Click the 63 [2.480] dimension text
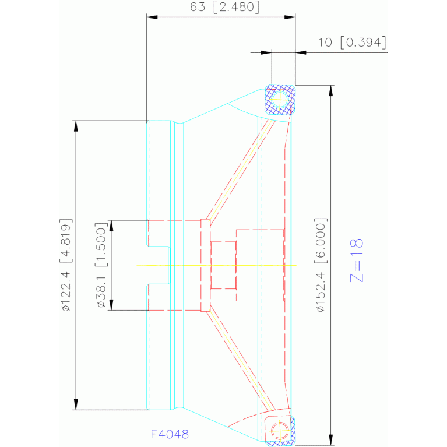tap(224, 7)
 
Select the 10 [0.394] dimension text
tap(353, 43)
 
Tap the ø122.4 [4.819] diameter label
tap(66, 265)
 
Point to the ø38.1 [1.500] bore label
tap(101, 265)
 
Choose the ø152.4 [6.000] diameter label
tap(321, 265)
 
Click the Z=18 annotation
tap(356, 261)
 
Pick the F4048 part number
tap(170, 434)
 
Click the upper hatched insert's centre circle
tap(280, 100)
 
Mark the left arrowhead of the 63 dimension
tap(152, 17)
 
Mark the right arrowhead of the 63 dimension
tap(290, 17)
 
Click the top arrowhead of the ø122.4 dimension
tap(76, 126)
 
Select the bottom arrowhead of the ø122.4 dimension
tap(76, 404)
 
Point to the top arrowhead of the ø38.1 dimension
tap(111, 226)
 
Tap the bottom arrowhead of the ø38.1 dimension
tap(111, 305)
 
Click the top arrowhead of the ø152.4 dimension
tap(330, 91)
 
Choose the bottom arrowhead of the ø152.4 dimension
tap(330, 439)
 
